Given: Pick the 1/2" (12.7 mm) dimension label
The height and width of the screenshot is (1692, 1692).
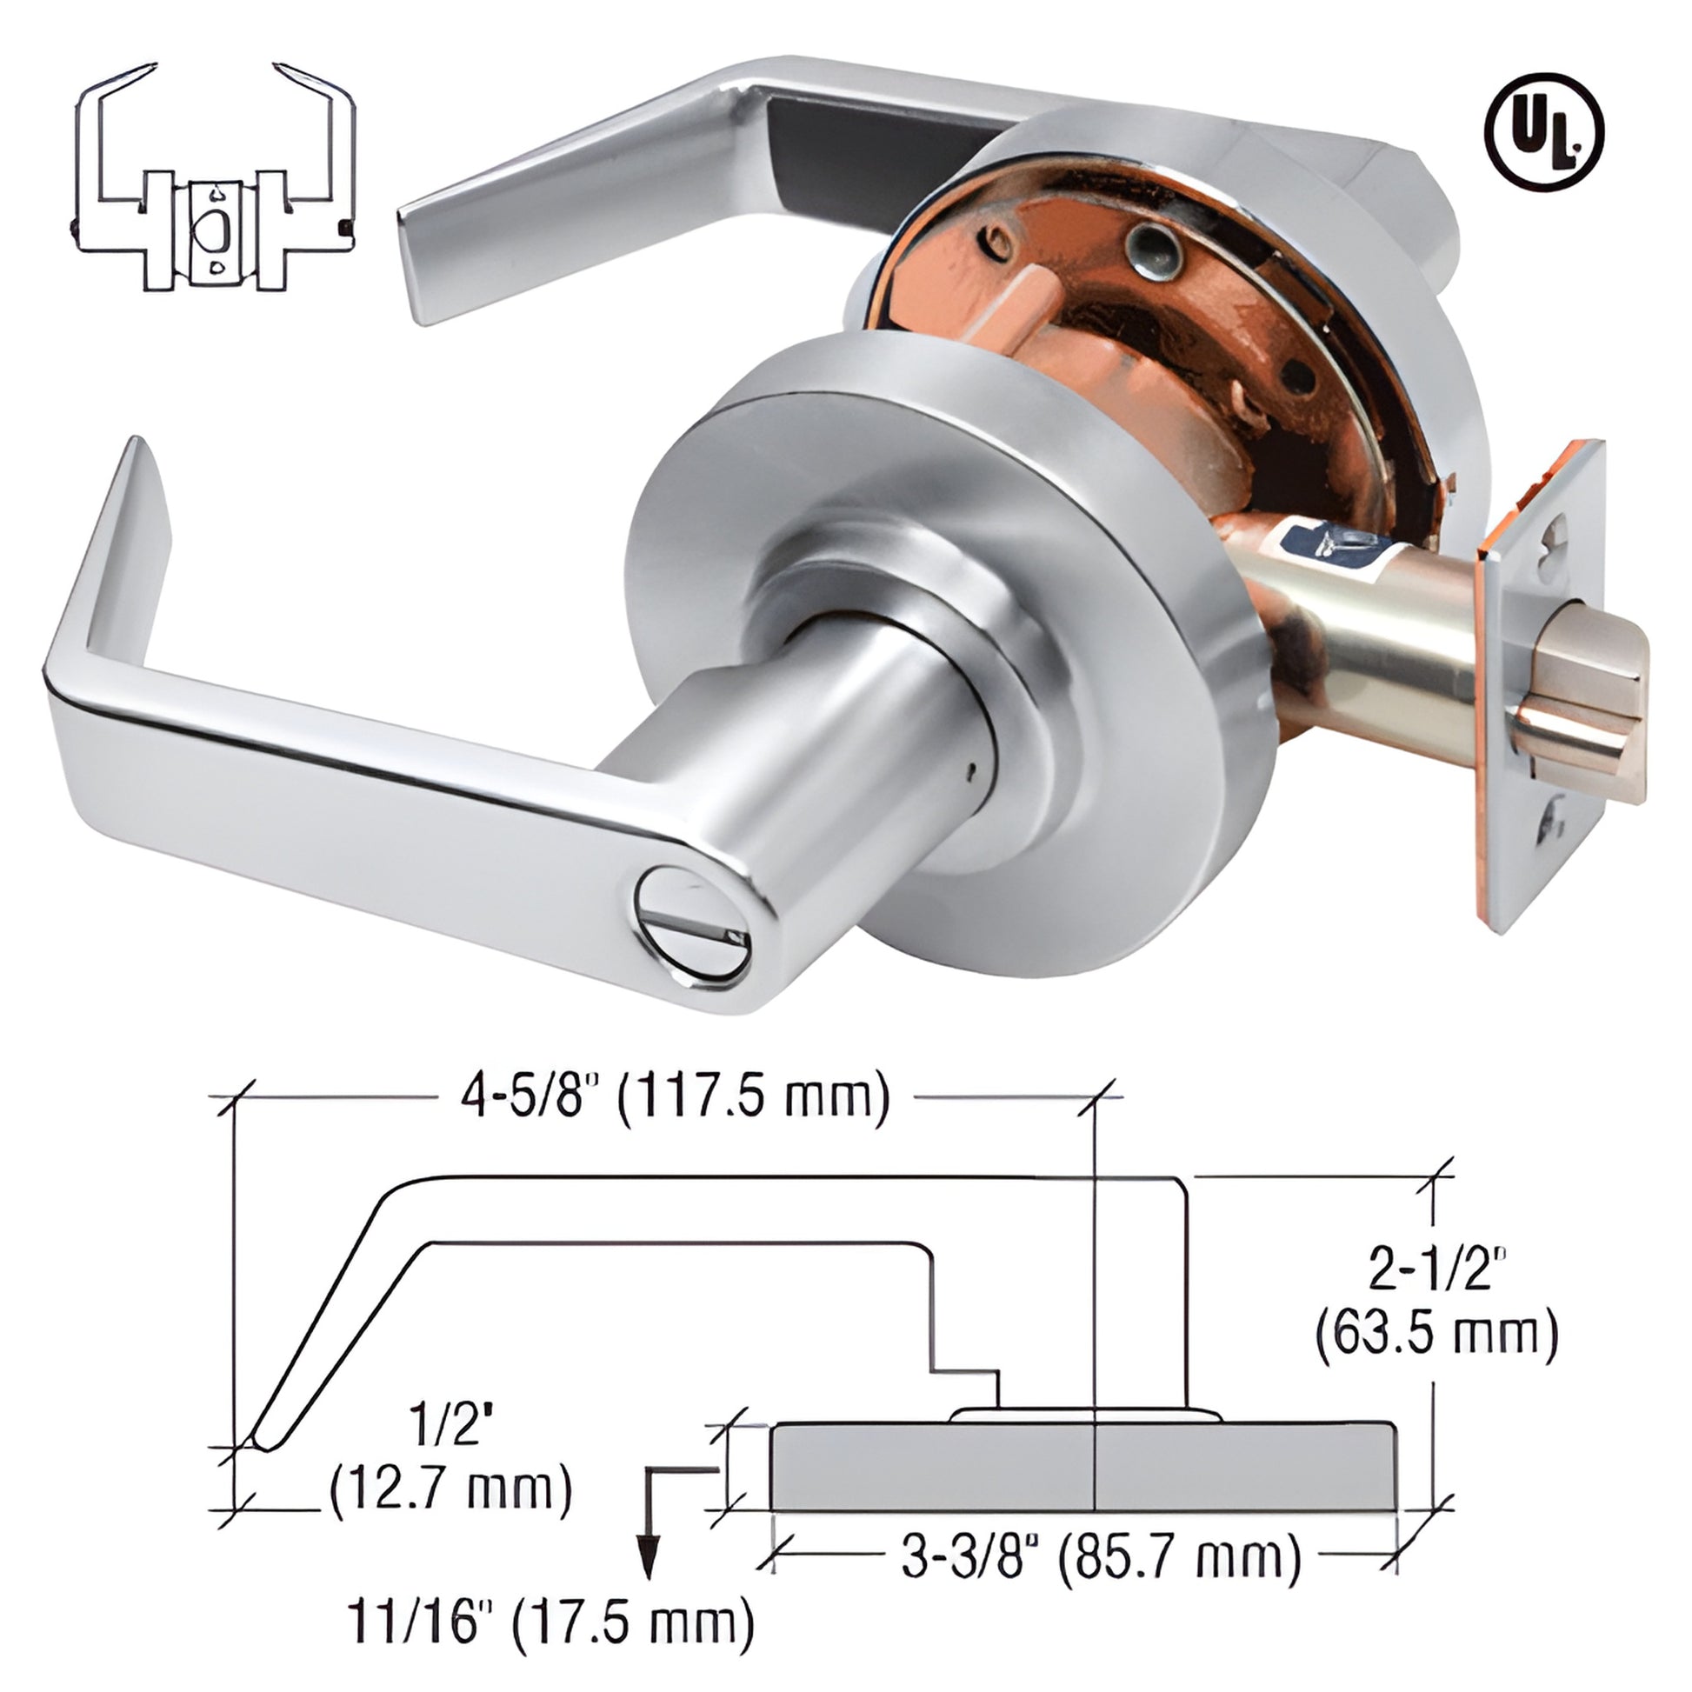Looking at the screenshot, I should click(x=450, y=1465).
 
